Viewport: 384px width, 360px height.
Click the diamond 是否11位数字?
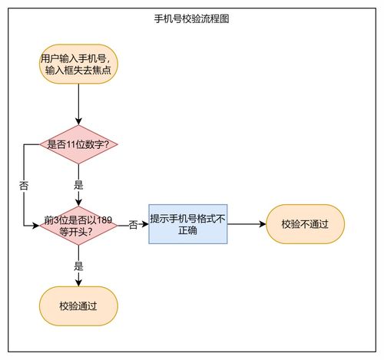click(x=78, y=144)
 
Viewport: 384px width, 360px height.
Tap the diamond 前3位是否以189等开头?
click(x=78, y=226)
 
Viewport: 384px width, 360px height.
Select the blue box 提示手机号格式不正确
click(x=188, y=224)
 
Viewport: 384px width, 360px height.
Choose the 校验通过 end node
click(x=78, y=307)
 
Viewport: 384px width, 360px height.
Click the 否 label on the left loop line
click(x=24, y=186)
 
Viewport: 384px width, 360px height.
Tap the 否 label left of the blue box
click(x=133, y=225)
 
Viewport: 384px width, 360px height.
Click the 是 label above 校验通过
click(x=78, y=266)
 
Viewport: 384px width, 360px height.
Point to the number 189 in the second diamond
click(x=103, y=220)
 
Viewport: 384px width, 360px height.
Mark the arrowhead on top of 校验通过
click(x=78, y=283)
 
